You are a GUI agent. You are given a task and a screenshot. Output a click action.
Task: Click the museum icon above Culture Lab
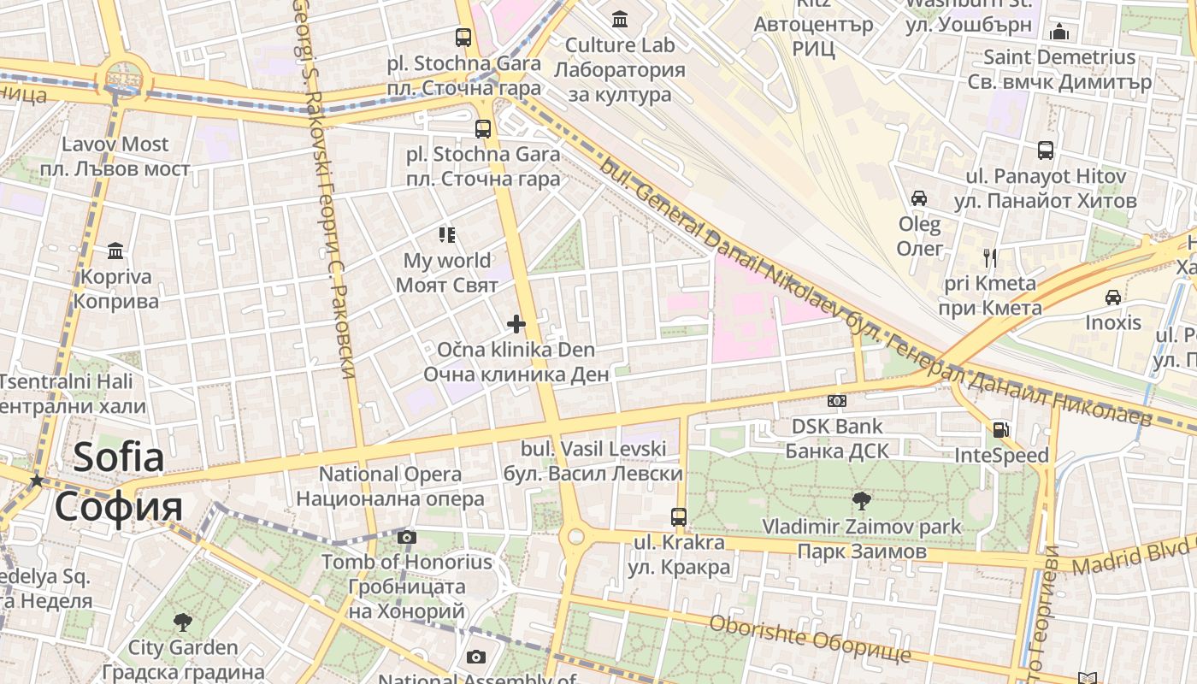pos(619,18)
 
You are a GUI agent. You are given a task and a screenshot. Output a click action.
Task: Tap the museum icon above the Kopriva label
pos(115,251)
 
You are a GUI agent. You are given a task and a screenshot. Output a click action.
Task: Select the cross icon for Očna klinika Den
pos(516,323)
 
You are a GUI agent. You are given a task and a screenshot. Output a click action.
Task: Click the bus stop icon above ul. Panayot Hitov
pos(1045,150)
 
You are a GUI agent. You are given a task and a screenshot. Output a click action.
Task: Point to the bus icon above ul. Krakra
pos(679,516)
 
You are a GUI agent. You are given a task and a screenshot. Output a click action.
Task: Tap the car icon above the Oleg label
pos(919,198)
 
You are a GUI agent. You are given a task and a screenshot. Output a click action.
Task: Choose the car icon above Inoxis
pos(1112,297)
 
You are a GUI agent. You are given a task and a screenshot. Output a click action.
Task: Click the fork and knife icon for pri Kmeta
pos(990,257)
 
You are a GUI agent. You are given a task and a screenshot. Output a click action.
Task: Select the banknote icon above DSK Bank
pos(837,400)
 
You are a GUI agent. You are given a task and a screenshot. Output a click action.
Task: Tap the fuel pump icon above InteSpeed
pos(1000,429)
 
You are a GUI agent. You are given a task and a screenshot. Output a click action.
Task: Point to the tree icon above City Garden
pos(182,622)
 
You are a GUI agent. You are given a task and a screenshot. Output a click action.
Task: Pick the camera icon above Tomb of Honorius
pos(407,537)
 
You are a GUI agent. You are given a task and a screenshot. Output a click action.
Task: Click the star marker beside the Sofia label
pos(36,481)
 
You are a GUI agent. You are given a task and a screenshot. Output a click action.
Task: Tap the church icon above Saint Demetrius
pos(1059,32)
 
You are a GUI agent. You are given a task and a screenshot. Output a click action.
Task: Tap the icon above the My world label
pos(447,234)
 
